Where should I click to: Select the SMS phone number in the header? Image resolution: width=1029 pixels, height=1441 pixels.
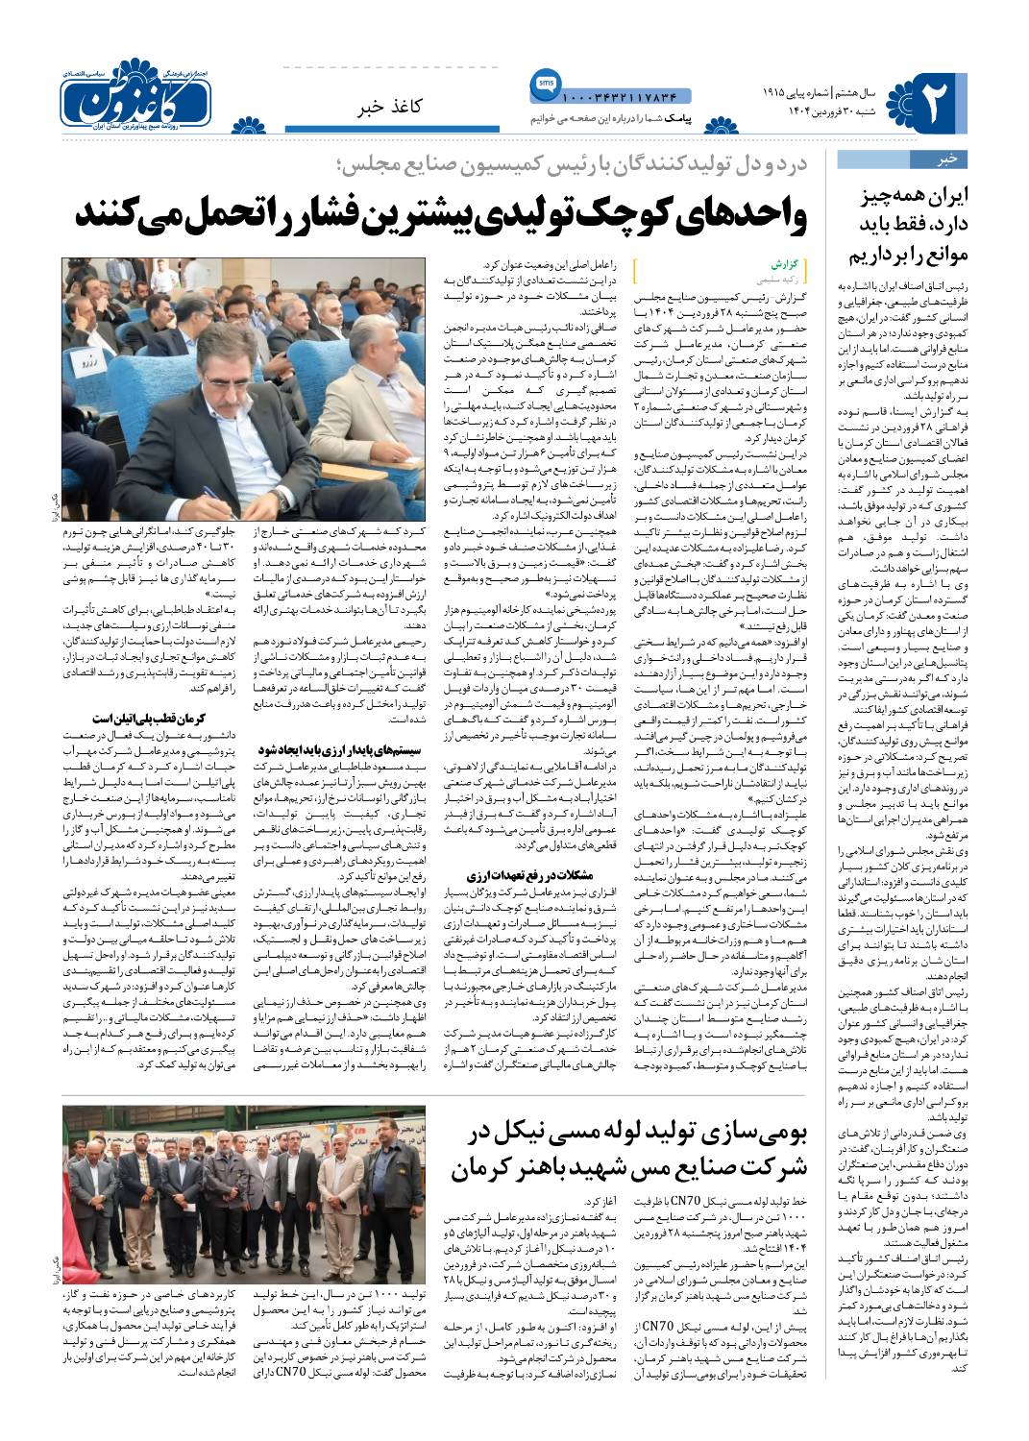click(x=619, y=98)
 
